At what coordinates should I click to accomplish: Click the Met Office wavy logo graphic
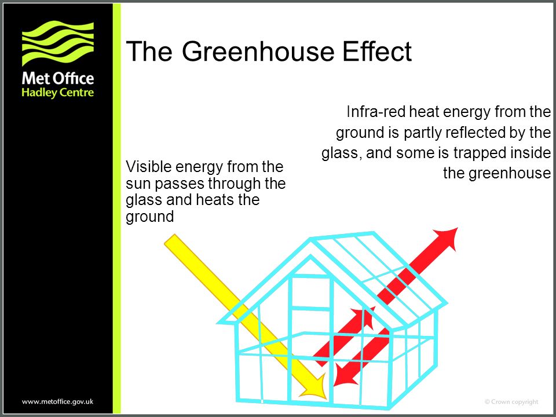(x=58, y=43)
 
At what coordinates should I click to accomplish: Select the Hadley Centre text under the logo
(x=57, y=93)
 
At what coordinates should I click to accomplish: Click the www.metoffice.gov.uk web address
(x=58, y=401)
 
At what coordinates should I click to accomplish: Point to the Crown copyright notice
(x=511, y=401)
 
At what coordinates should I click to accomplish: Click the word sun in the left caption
(x=136, y=185)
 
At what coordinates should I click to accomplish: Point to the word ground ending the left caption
(x=149, y=218)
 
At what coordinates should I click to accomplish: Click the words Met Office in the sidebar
(x=57, y=78)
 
